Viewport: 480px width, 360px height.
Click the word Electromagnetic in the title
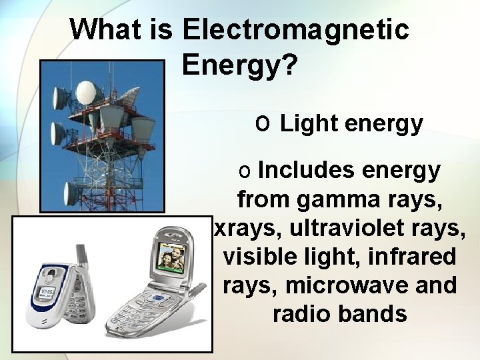coord(295,29)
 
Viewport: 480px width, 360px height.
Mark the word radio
coord(303,314)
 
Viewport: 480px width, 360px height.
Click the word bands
coord(373,314)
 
